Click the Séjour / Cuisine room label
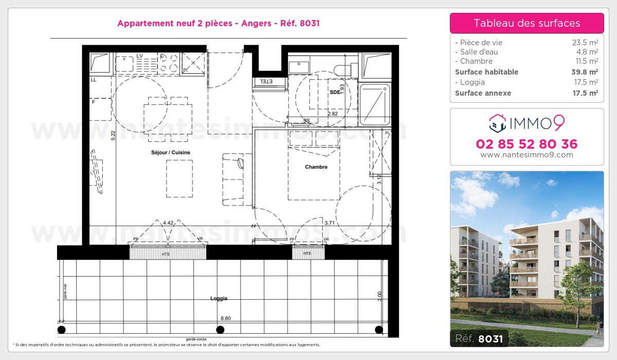[x=163, y=153]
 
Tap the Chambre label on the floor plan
[x=316, y=167]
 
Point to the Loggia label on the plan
[x=219, y=298]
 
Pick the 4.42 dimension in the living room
[x=168, y=223]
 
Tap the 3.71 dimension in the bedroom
[x=330, y=223]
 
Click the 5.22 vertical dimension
[x=113, y=136]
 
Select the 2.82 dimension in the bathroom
[x=333, y=113]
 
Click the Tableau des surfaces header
[x=527, y=23]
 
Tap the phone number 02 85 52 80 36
[x=527, y=144]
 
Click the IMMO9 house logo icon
[x=497, y=122]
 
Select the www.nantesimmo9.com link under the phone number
[x=527, y=155]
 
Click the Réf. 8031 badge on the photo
[x=479, y=338]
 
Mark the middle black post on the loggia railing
[x=220, y=330]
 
